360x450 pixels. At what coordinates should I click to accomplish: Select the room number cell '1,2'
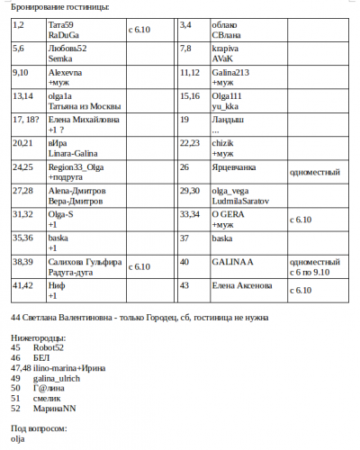pyautogui.click(x=19, y=23)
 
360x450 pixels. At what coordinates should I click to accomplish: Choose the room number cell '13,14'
pyautogui.click(x=23, y=95)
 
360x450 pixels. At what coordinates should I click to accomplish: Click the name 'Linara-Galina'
pyautogui.click(x=74, y=153)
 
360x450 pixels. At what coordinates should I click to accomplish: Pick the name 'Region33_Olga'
pyautogui.click(x=77, y=167)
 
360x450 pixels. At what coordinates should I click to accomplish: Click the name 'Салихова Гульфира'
pyautogui.click(x=85, y=262)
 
